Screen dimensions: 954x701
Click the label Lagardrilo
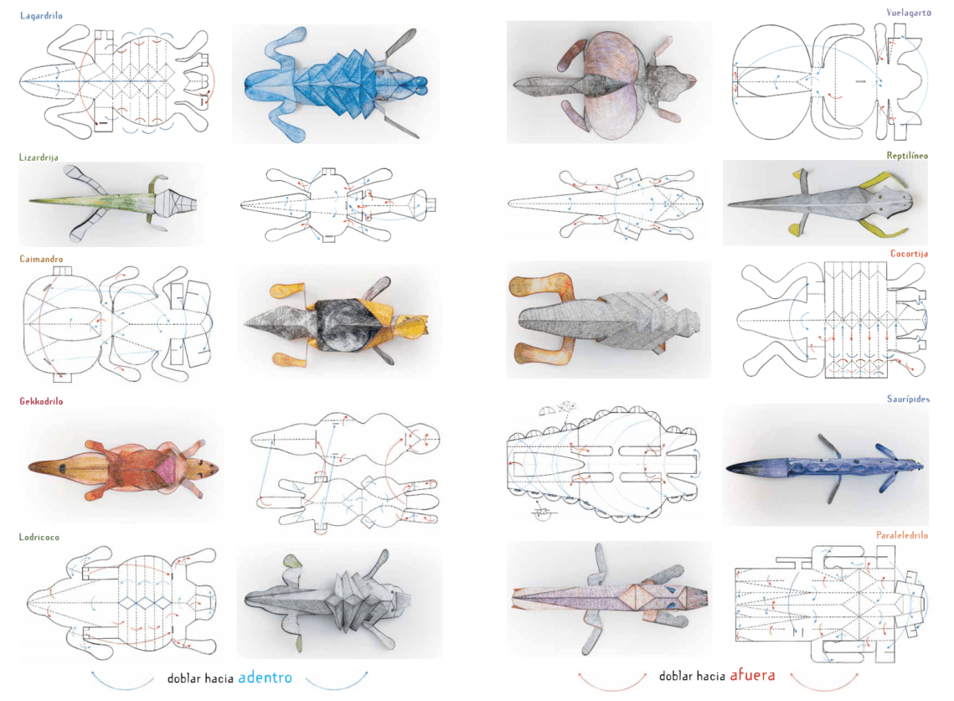pyautogui.click(x=41, y=16)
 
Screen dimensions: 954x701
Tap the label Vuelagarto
pyautogui.click(x=908, y=13)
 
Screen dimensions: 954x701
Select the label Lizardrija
pyautogui.click(x=39, y=157)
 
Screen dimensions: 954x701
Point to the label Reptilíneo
pyautogui.click(x=906, y=155)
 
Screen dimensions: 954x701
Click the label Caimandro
pyautogui.click(x=41, y=259)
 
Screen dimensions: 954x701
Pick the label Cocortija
pyautogui.click(x=909, y=253)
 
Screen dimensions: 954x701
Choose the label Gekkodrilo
pyautogui.click(x=41, y=401)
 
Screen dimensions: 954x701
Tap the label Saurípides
pyautogui.click(x=908, y=399)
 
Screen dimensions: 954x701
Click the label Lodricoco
pyautogui.click(x=39, y=537)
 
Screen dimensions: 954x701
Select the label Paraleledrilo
pyautogui.click(x=902, y=535)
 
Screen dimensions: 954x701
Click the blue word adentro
pyautogui.click(x=265, y=678)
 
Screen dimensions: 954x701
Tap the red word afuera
pyautogui.click(x=752, y=674)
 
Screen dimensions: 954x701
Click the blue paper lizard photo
pyautogui.click(x=337, y=84)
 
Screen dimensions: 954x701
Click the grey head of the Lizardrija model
pyautogui.click(x=178, y=201)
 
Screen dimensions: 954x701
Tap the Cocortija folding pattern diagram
pyautogui.click(x=833, y=320)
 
